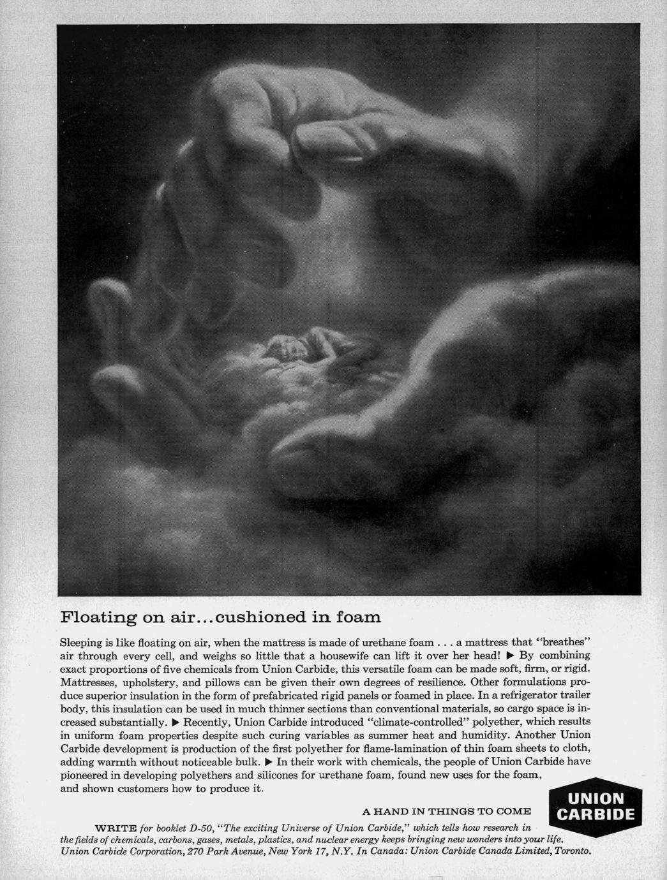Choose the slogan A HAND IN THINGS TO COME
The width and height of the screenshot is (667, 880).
(446, 812)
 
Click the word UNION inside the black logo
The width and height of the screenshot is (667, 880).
(596, 798)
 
